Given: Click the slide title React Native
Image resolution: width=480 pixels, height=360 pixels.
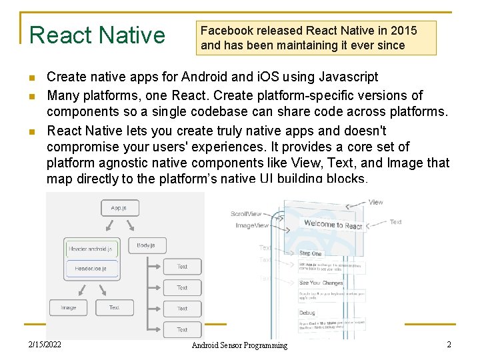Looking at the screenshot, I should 97,35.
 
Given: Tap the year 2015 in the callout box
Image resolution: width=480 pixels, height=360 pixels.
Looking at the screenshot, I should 403,31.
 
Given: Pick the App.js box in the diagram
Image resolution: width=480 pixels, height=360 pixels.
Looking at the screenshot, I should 118,208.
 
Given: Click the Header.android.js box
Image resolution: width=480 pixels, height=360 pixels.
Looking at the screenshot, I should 91,249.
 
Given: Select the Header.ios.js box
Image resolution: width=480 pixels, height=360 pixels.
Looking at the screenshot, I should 91,269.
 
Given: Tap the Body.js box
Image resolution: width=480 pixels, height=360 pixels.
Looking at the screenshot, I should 146,246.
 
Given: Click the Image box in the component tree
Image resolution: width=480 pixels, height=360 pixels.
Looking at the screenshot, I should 68,307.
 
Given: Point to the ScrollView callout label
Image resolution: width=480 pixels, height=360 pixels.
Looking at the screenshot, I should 246,214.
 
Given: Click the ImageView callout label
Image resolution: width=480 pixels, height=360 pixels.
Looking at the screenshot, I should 252,225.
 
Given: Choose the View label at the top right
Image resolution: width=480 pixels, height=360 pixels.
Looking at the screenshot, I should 376,202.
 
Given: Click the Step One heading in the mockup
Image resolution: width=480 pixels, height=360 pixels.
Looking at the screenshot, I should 311,253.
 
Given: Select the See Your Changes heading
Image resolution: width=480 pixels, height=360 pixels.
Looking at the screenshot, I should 321,283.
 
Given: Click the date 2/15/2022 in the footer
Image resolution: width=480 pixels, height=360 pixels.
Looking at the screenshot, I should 45,345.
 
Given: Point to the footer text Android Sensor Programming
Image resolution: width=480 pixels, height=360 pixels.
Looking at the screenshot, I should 239,345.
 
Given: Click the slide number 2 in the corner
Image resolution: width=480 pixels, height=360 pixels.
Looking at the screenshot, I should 449,345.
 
